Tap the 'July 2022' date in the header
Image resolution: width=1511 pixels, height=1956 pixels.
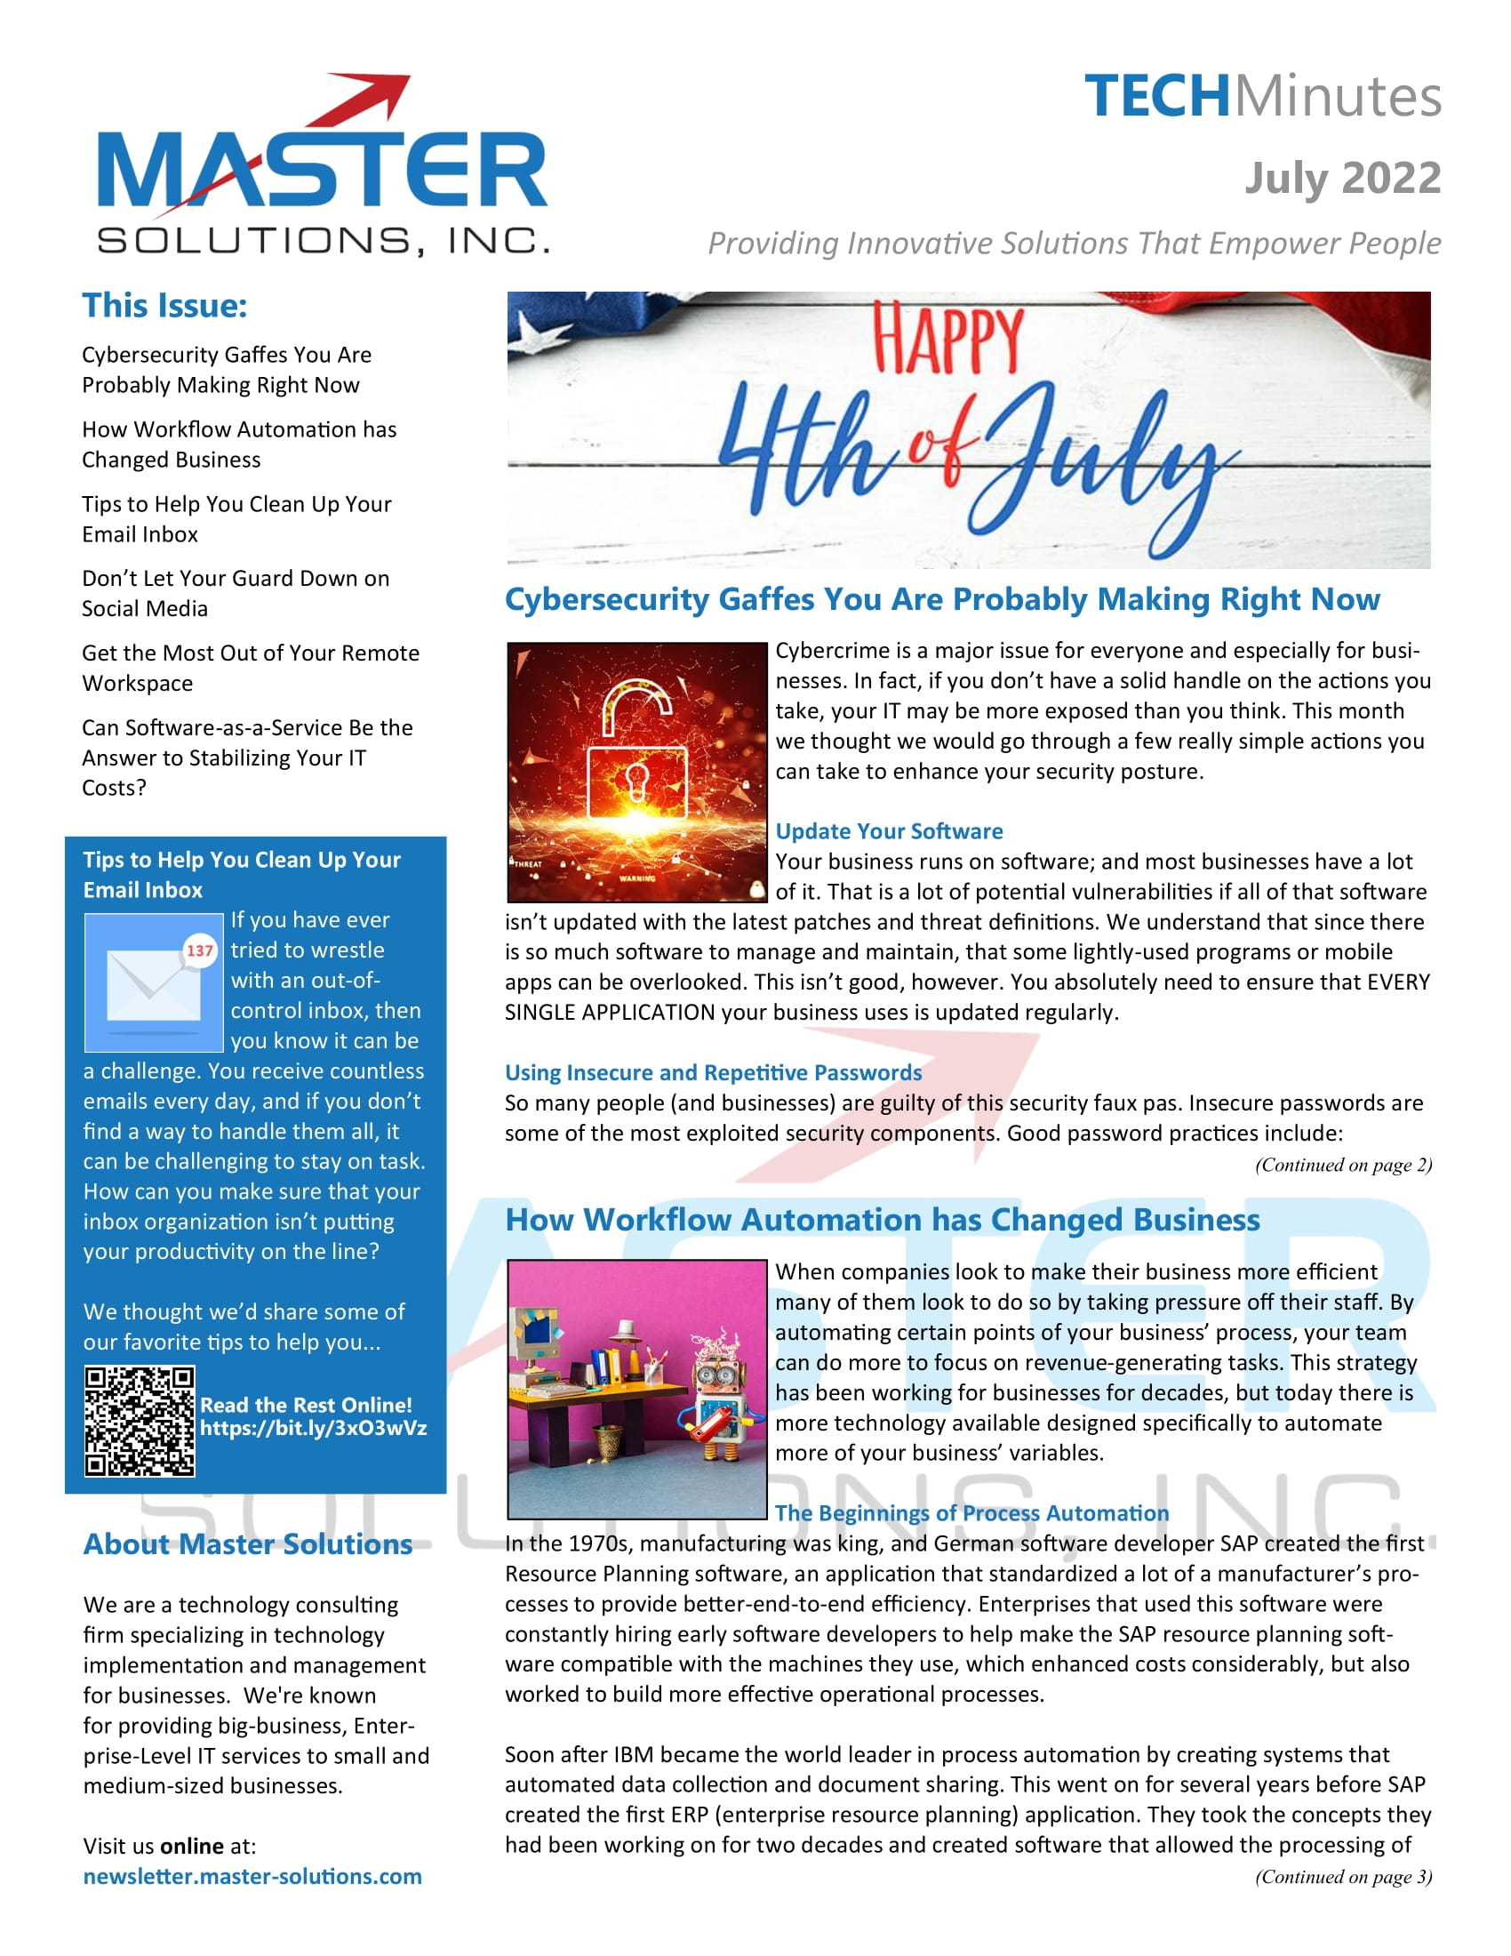tap(1342, 178)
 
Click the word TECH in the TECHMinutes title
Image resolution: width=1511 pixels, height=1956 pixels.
tap(1156, 97)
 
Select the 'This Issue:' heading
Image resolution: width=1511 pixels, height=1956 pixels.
tap(164, 305)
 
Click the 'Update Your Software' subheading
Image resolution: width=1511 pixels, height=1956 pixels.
tap(888, 831)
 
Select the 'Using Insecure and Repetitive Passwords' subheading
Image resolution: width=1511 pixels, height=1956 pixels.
tap(713, 1072)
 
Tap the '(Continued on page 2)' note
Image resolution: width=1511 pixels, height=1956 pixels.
tap(1343, 1166)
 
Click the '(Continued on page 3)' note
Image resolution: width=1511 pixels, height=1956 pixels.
tap(1343, 1876)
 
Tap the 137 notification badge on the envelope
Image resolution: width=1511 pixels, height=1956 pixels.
tap(200, 950)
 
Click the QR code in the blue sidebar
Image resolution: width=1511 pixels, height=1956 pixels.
tap(140, 1422)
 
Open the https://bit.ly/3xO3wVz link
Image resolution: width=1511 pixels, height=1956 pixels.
tap(313, 1428)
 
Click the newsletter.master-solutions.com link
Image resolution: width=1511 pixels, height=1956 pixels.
tap(252, 1876)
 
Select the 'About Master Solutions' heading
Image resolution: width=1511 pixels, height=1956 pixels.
tap(248, 1544)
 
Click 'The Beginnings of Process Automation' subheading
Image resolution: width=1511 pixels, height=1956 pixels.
tap(971, 1512)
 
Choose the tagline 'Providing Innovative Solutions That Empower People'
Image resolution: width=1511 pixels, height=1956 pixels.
tap(1075, 244)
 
